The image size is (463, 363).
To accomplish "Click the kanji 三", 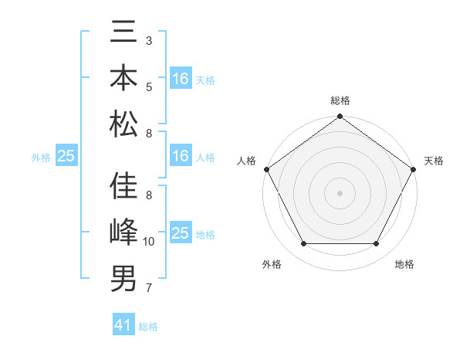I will click(123, 33).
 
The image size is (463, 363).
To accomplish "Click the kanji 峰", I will click(123, 232).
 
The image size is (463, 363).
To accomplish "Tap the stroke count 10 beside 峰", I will click(149, 242).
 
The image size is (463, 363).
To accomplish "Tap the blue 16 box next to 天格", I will click(181, 79).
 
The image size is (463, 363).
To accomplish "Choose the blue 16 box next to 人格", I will click(181, 156).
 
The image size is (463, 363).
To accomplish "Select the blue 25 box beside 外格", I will click(66, 156).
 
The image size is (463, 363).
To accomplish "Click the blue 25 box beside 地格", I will click(181, 233).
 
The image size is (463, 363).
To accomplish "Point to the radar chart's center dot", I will click(340, 192).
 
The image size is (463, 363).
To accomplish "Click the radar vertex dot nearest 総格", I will click(340, 117).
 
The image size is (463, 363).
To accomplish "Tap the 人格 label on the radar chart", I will click(247, 161).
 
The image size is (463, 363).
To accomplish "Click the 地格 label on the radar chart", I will click(404, 265).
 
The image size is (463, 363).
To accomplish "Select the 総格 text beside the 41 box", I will click(148, 327).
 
